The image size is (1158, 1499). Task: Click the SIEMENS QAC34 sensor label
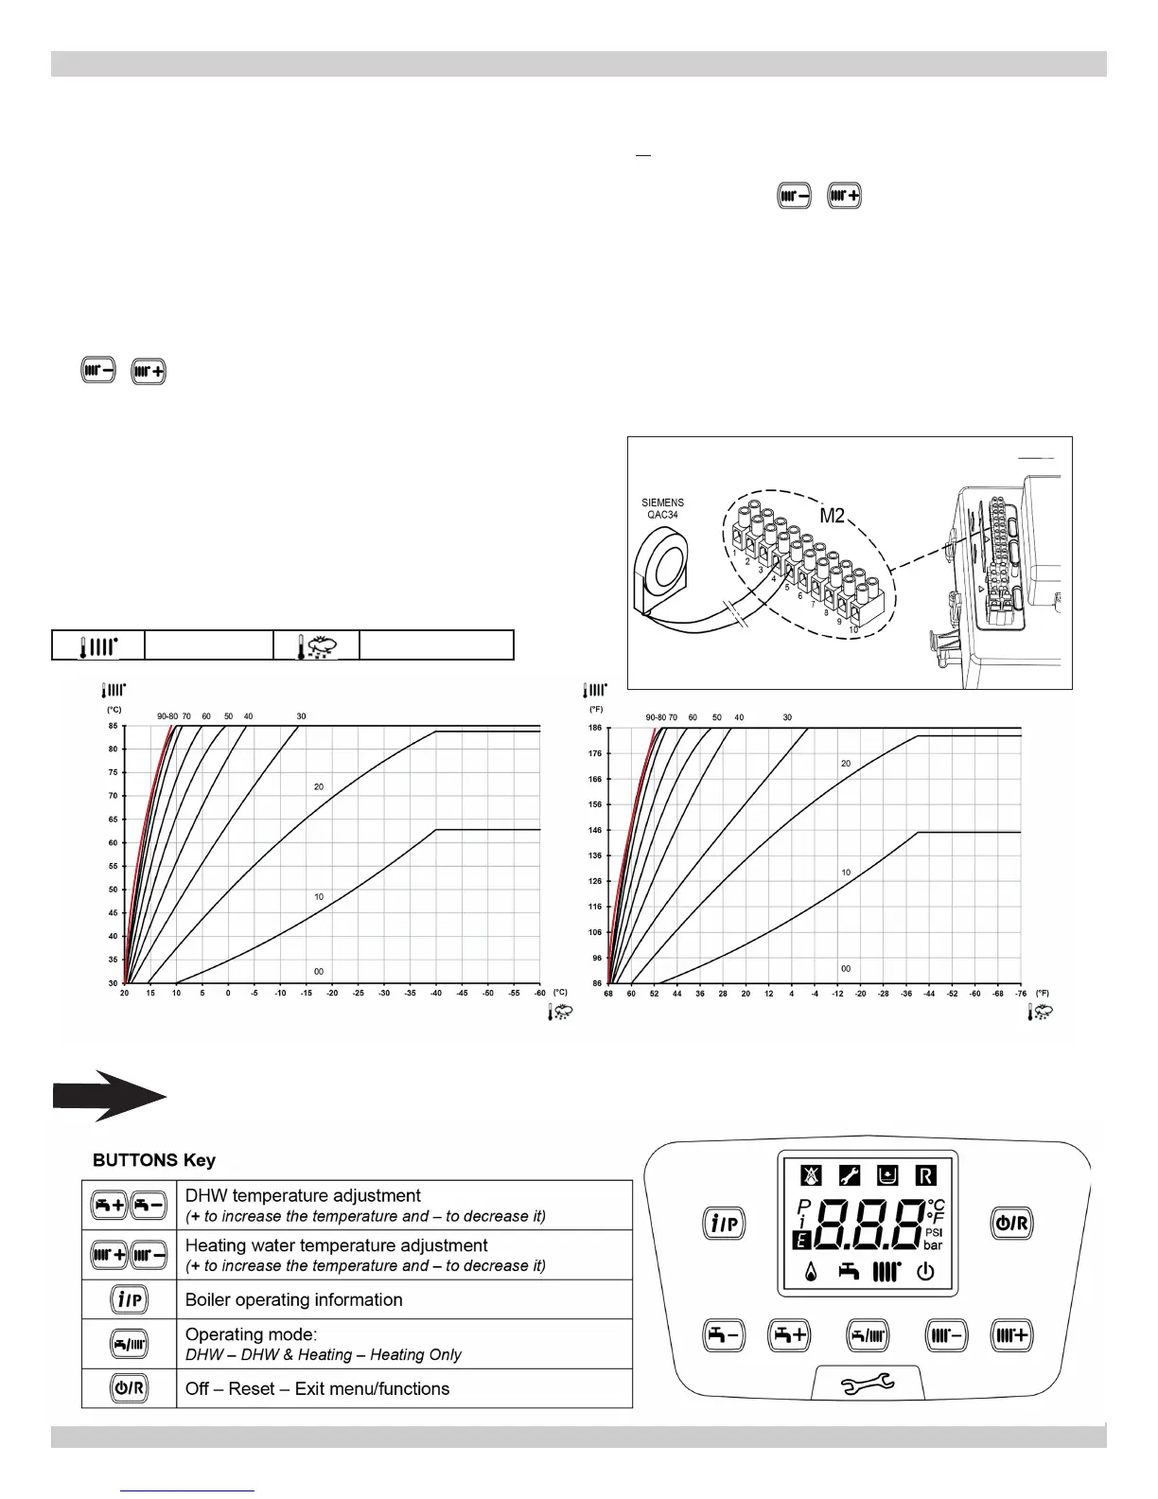pos(662,509)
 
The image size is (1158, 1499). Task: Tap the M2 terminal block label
pos(832,516)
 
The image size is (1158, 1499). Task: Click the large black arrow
pos(110,1097)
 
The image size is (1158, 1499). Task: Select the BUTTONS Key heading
pos(153,1160)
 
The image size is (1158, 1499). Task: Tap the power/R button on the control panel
pos(1011,1224)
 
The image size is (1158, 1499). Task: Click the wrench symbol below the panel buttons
pos(868,1385)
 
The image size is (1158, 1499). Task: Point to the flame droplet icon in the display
pos(811,1273)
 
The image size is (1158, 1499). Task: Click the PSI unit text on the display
pos(933,1233)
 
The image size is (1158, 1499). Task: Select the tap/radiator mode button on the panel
pos(868,1335)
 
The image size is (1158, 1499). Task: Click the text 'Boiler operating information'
pos(294,1299)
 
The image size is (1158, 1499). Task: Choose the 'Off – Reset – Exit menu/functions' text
pos(318,1388)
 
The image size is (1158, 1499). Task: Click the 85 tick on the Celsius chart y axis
pos(113,726)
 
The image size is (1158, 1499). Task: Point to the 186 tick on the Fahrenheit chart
pos(594,728)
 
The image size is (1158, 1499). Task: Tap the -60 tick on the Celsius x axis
pos(539,994)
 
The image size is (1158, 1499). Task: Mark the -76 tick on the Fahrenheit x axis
pos(1021,994)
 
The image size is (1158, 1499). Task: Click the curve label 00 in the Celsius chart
pos(319,972)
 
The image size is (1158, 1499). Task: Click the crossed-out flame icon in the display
pos(811,1176)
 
